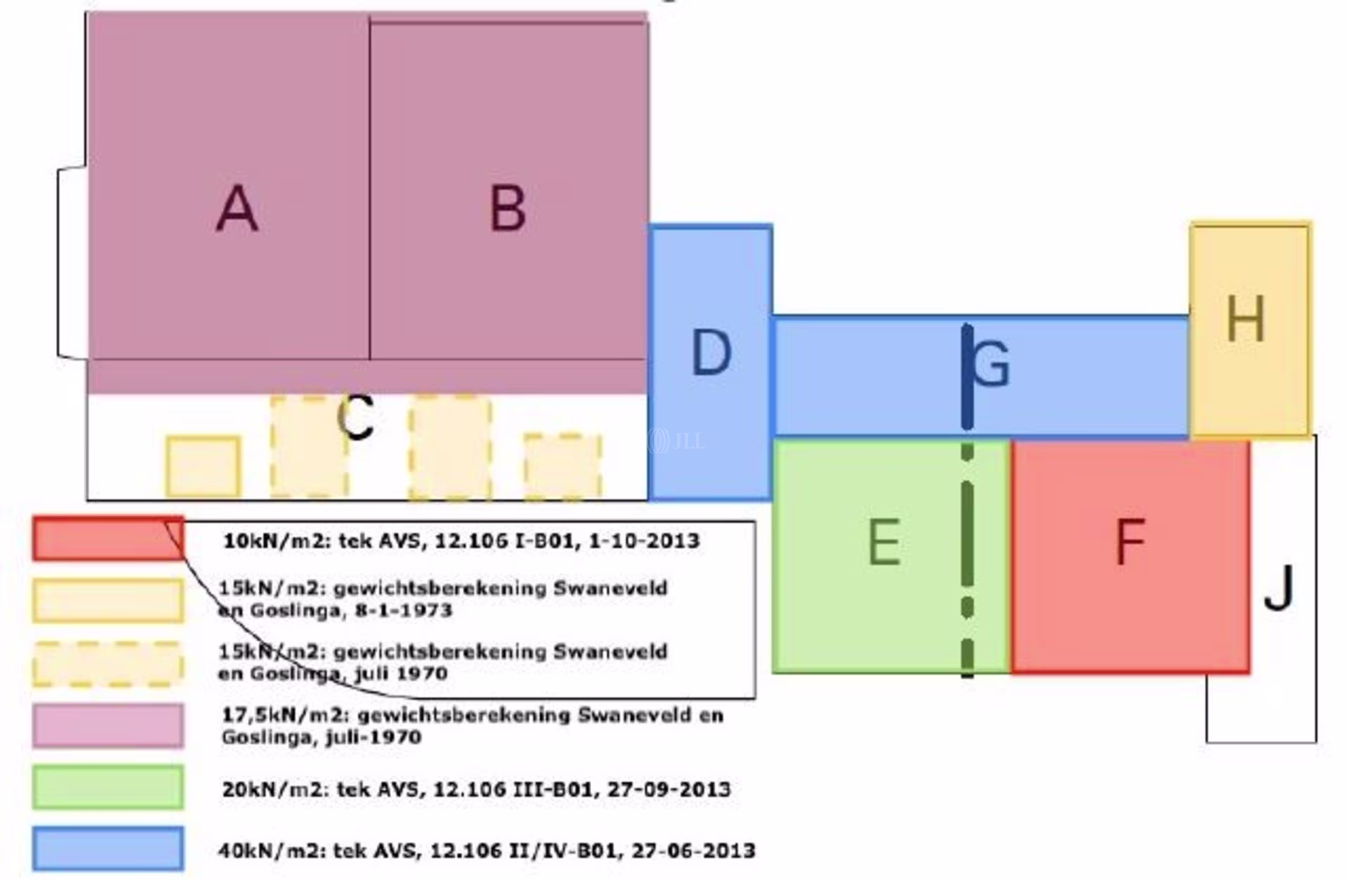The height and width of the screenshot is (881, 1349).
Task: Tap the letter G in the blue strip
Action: click(991, 365)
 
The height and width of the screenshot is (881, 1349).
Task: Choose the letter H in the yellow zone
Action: click(1245, 320)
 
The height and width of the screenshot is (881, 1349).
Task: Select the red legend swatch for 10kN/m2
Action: click(108, 538)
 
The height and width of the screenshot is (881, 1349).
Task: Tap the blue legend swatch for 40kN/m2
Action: click(108, 849)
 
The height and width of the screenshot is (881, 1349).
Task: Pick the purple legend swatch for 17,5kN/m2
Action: click(108, 726)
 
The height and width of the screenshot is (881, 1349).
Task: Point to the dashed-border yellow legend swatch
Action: click(108, 664)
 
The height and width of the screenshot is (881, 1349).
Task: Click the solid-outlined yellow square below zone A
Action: click(203, 466)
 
